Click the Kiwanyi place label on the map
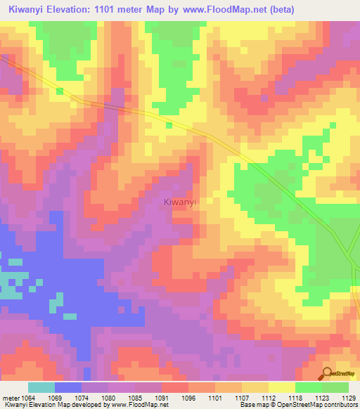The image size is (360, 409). click(179, 202)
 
